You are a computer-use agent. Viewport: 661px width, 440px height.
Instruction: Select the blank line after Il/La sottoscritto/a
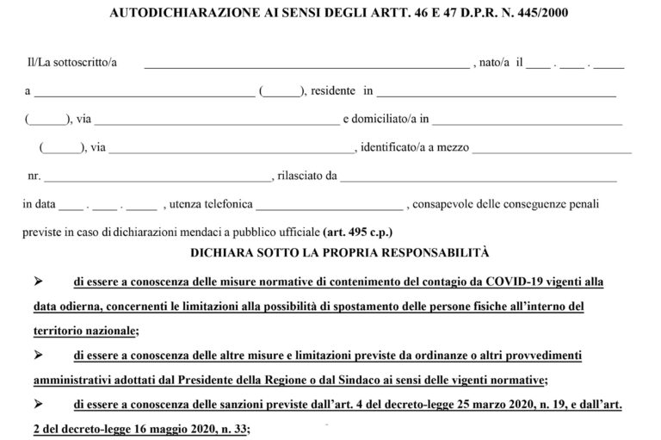pyautogui.click(x=306, y=65)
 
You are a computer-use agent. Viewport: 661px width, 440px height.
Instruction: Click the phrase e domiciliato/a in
pyautogui.click(x=385, y=119)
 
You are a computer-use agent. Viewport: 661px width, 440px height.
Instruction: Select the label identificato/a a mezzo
pyautogui.click(x=414, y=147)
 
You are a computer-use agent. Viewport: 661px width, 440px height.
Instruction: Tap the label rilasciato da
pyautogui.click(x=306, y=176)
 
